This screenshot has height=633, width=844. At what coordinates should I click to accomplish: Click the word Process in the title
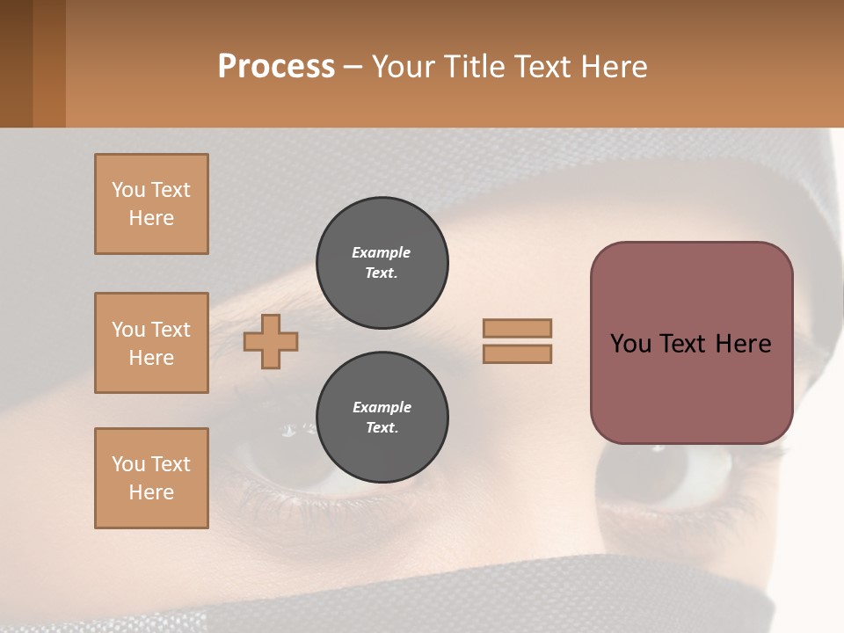pyautogui.click(x=276, y=67)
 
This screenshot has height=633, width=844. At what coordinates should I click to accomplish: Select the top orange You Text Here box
pyautogui.click(x=151, y=204)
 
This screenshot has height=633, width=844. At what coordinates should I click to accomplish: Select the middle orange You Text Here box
pyautogui.click(x=151, y=343)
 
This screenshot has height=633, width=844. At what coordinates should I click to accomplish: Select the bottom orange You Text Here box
pyautogui.click(x=151, y=478)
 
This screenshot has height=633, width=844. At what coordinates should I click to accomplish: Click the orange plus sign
pyautogui.click(x=271, y=341)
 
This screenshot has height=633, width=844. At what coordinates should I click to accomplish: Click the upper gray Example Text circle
pyautogui.click(x=382, y=263)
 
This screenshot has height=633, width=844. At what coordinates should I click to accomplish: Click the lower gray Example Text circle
pyautogui.click(x=382, y=418)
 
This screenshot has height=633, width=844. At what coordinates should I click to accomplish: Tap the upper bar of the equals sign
pyautogui.click(x=517, y=329)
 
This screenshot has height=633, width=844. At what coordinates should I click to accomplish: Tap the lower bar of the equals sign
pyautogui.click(x=517, y=353)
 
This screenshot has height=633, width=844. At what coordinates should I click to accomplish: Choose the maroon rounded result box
pyautogui.click(x=691, y=387)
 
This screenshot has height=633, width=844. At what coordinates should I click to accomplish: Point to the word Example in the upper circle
pyautogui.click(x=382, y=252)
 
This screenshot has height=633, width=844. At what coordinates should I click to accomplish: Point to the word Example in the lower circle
pyautogui.click(x=382, y=407)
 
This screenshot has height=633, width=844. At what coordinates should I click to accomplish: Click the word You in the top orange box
pyautogui.click(x=127, y=190)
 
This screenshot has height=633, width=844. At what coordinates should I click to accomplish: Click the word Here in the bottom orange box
pyautogui.click(x=151, y=492)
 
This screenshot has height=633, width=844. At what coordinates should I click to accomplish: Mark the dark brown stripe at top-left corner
pyautogui.click(x=16, y=63)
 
